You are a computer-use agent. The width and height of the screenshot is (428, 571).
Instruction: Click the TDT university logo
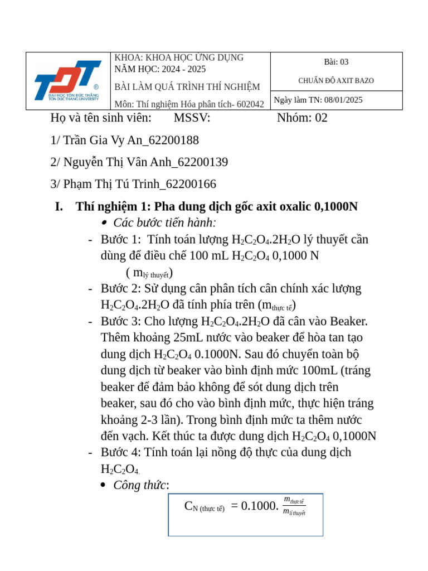click(67, 80)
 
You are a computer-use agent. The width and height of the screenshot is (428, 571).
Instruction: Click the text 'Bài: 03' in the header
click(336, 62)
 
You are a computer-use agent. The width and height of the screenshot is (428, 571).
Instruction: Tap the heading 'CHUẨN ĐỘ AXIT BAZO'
click(336, 81)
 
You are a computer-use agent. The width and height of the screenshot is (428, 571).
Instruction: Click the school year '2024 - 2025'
click(183, 69)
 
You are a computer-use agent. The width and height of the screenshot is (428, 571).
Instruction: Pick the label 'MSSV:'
click(192, 118)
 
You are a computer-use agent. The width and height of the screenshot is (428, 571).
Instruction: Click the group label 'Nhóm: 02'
click(302, 118)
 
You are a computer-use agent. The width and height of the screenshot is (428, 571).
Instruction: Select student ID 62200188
click(173, 140)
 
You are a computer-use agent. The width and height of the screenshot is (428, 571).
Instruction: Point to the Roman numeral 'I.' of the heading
click(59, 207)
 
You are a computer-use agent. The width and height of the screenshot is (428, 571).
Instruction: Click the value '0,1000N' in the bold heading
click(336, 207)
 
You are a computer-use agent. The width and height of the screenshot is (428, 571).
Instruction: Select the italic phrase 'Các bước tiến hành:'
click(164, 223)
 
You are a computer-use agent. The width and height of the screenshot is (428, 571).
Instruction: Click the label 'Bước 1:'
click(121, 240)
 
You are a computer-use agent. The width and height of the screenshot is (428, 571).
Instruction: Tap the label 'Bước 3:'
click(121, 322)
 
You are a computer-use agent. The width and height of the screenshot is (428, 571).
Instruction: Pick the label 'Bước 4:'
click(121, 452)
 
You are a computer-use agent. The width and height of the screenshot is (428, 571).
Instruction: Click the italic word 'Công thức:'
click(141, 485)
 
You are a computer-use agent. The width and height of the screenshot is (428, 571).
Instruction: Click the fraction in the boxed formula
click(294, 506)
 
